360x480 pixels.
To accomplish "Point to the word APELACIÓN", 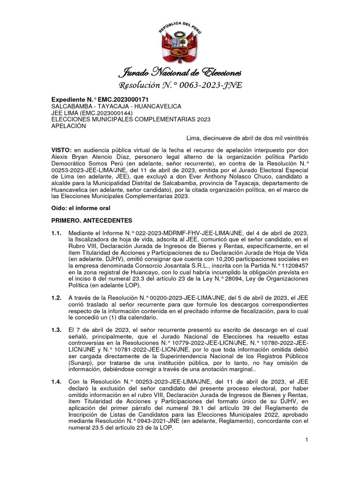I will [68, 126].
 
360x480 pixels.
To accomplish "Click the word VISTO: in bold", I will [61, 149].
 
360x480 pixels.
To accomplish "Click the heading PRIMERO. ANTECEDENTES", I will [92, 220].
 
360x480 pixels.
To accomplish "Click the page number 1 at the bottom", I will [306, 439].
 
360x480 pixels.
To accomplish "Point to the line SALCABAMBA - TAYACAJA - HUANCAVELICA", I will [114, 106].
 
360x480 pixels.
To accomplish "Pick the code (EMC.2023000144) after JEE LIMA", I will [111, 113].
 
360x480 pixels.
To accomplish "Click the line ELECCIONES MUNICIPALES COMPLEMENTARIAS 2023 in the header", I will [131, 120].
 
